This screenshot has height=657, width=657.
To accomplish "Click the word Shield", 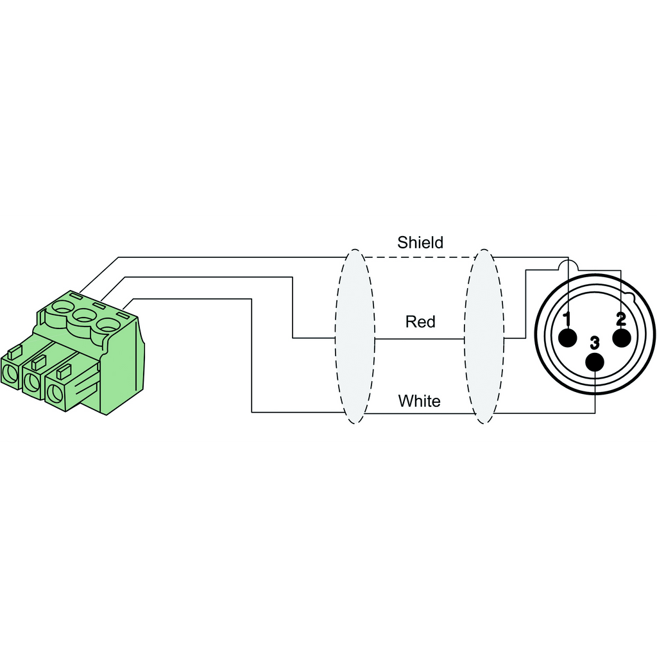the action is click(420, 243).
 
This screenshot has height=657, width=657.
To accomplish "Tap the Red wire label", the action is click(420, 322).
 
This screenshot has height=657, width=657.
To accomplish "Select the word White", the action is click(419, 401).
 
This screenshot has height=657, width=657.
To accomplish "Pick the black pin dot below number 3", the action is click(595, 362).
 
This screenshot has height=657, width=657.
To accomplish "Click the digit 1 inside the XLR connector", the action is click(567, 320).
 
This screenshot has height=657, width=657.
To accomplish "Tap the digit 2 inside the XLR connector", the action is click(621, 320).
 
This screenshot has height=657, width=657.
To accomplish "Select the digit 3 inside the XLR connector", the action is click(595, 343).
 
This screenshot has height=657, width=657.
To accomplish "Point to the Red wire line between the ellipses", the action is click(420, 338).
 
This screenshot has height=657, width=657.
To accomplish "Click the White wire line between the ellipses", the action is click(420, 414).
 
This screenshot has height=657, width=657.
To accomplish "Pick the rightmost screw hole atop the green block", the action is click(108, 325).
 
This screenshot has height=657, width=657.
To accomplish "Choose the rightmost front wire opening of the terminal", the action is click(53, 393).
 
